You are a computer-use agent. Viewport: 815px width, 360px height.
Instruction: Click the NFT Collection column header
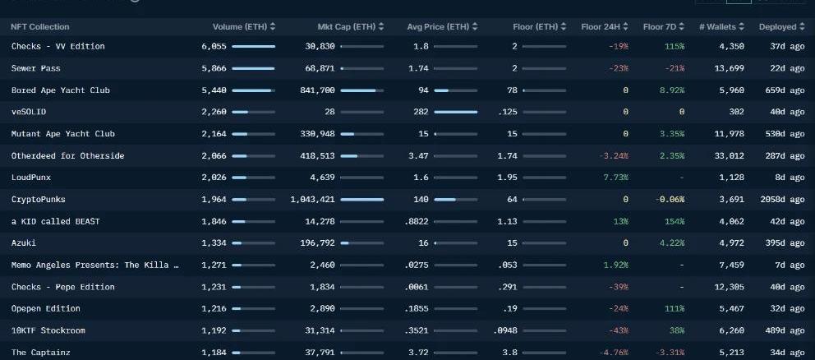click(x=40, y=27)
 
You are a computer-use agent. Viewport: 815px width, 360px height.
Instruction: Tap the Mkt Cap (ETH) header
click(x=345, y=27)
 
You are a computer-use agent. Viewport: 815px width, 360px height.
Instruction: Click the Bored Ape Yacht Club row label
click(x=60, y=90)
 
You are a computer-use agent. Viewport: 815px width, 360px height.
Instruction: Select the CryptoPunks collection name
click(x=38, y=200)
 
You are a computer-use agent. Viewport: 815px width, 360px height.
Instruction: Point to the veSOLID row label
click(x=29, y=112)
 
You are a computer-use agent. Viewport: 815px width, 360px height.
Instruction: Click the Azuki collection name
click(x=24, y=243)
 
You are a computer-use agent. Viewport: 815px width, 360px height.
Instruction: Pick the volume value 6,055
click(x=213, y=47)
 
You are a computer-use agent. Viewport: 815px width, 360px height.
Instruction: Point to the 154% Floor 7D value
click(x=675, y=222)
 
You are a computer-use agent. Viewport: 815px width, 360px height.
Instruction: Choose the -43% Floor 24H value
click(x=618, y=330)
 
